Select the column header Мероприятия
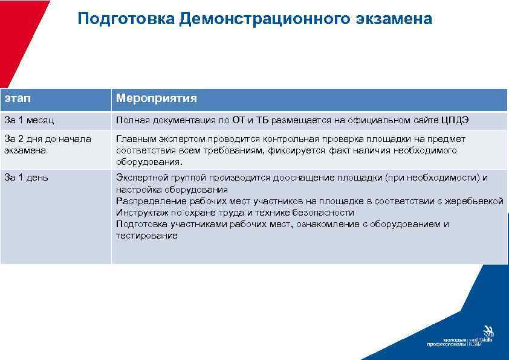(x=156, y=98)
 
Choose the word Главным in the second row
(x=135, y=139)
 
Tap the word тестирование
(x=147, y=236)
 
